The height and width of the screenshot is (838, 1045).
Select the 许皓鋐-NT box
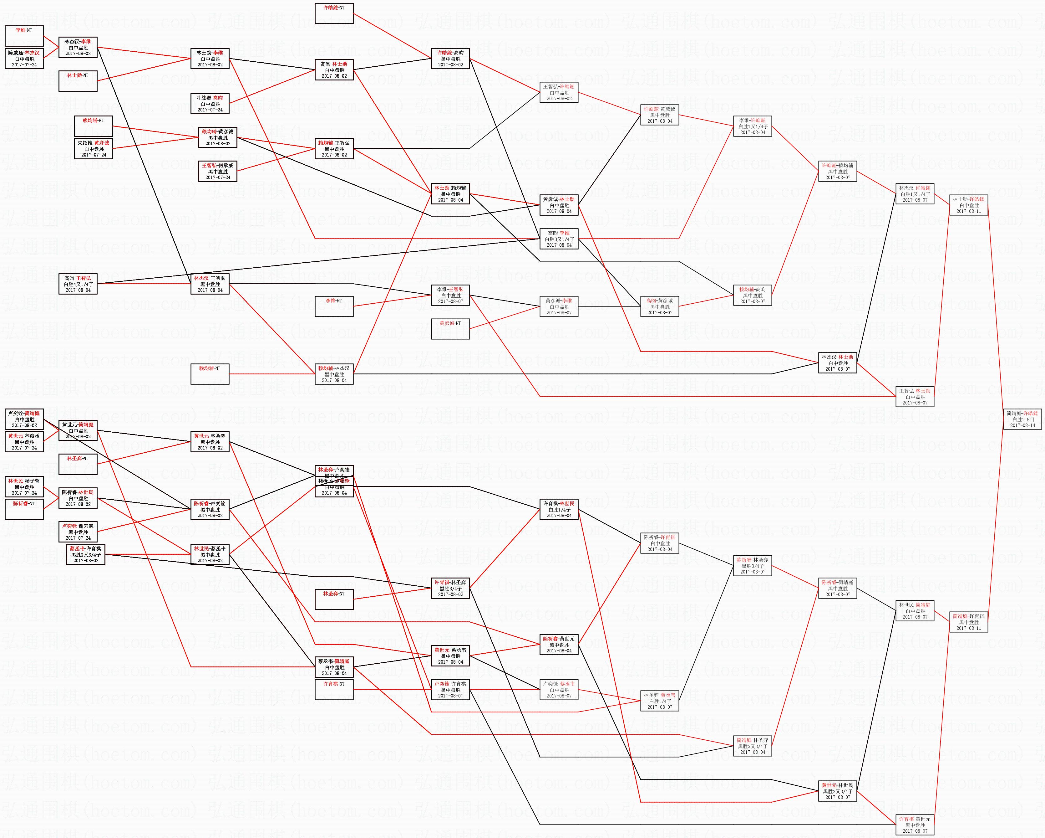click(x=334, y=13)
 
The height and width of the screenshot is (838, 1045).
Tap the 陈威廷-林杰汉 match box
click(x=24, y=59)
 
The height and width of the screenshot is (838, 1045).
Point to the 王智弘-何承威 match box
click(x=218, y=171)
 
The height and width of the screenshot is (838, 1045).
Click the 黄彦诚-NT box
click(x=450, y=329)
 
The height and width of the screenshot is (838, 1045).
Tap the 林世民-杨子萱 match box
click(x=24, y=487)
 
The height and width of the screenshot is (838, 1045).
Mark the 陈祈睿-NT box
click(x=24, y=509)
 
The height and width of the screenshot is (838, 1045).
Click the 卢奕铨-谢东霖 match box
click(x=78, y=532)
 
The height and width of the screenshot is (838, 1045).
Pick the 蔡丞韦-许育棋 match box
click(x=86, y=554)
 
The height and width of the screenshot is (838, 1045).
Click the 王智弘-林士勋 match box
click(x=915, y=397)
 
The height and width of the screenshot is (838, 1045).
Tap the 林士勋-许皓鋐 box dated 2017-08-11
click(x=968, y=205)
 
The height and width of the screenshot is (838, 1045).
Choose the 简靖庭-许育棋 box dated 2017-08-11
click(x=968, y=622)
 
